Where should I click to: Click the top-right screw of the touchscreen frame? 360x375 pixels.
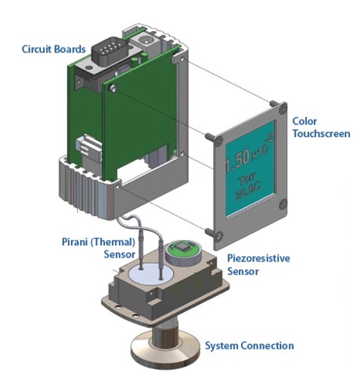(x=281, y=109)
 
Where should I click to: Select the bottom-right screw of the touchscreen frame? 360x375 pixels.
(x=282, y=205)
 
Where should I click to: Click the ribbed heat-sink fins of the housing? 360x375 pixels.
(x=83, y=183)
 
